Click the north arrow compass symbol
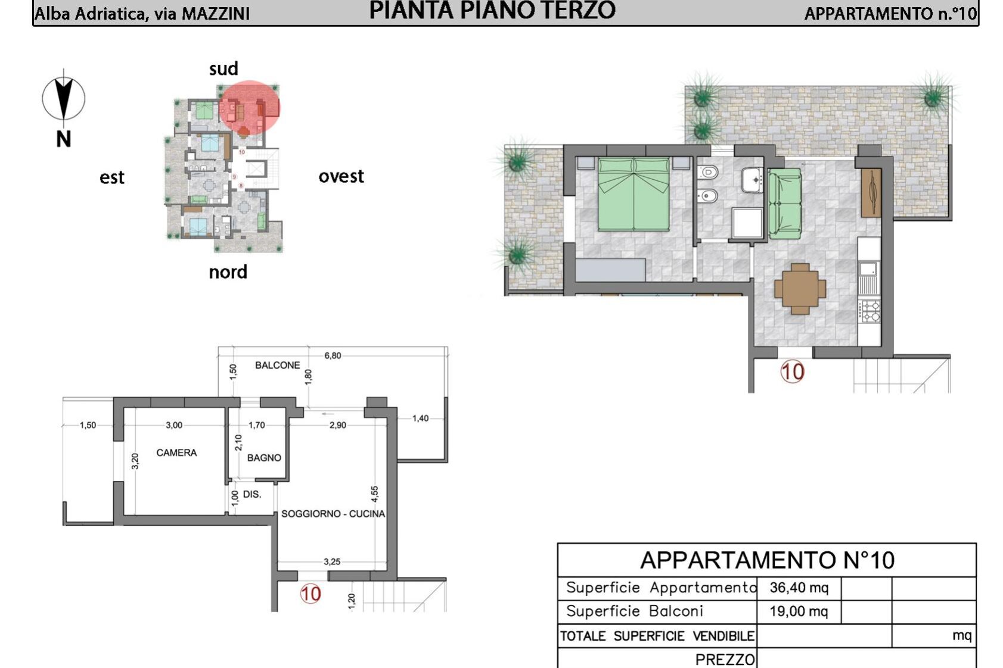point(64,98)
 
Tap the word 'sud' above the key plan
point(223,69)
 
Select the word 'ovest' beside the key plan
point(341,177)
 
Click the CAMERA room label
point(176,453)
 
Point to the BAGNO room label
point(264,458)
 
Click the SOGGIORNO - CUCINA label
point(333,514)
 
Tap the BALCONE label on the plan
point(278,365)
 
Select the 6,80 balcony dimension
point(333,355)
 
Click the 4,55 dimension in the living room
point(375,494)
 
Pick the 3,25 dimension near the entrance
point(332,561)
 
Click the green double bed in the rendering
point(634,194)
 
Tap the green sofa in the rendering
point(785,204)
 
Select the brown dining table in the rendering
point(800,289)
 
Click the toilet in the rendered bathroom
point(708,172)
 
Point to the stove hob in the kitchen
point(870,311)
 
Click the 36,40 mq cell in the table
point(799,588)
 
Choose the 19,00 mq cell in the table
point(799,611)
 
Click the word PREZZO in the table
point(725,660)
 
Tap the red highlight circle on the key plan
point(249,107)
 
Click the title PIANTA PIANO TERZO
point(492,11)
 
